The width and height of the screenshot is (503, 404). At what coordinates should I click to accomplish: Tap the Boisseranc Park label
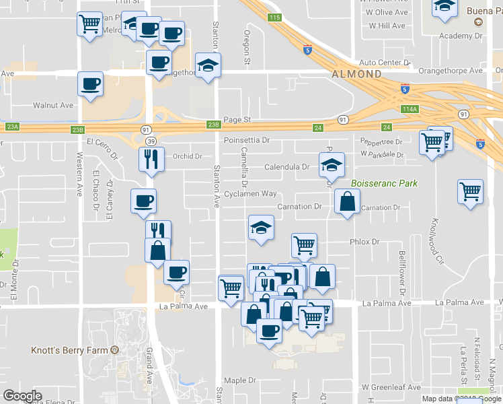click(384, 183)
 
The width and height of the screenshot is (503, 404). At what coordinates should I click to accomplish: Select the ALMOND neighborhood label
click(356, 73)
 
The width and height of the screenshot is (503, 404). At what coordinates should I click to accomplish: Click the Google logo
click(22, 396)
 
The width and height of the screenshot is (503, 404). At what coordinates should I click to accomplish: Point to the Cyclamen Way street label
click(251, 193)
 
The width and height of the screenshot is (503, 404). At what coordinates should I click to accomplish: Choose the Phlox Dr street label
click(364, 242)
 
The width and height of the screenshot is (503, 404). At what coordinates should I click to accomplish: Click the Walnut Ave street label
click(53, 106)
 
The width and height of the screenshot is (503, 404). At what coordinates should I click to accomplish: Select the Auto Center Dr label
click(384, 63)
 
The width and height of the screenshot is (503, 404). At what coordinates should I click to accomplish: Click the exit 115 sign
click(273, 17)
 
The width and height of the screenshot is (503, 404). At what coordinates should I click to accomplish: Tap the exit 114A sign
click(409, 109)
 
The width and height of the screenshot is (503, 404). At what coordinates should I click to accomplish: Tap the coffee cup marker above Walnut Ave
click(90, 84)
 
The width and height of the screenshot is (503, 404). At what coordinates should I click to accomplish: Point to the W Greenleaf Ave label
click(391, 387)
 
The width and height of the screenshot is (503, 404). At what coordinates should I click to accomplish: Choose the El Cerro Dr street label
click(101, 142)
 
